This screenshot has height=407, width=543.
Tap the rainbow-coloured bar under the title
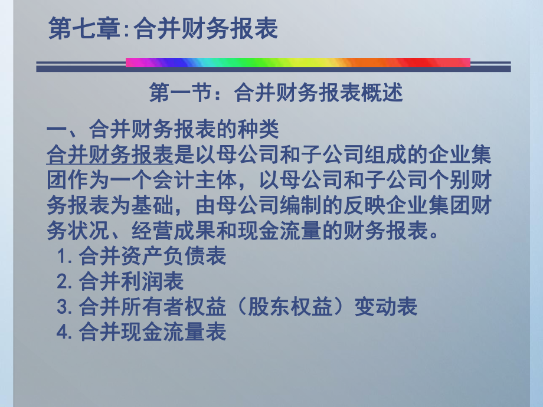point(298,62)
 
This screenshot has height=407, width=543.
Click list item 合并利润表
point(131,281)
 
